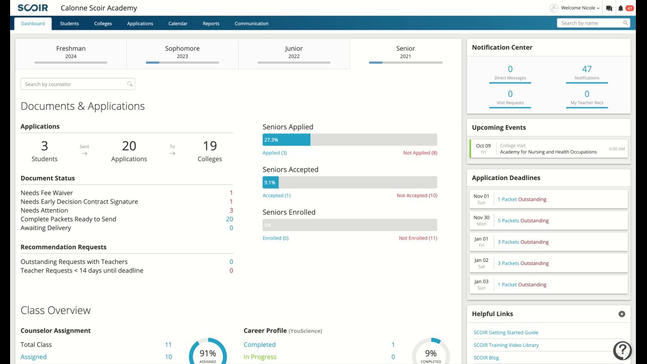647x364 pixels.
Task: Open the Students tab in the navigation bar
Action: (x=69, y=24)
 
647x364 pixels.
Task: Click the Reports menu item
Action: (x=211, y=24)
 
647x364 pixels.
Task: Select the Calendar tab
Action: (x=178, y=24)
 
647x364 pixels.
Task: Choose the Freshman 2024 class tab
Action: (x=71, y=53)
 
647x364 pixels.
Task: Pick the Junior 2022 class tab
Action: (x=294, y=53)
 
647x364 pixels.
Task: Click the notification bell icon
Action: (x=621, y=8)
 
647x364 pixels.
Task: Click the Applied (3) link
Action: (x=274, y=153)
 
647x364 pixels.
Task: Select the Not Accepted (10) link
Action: (x=417, y=196)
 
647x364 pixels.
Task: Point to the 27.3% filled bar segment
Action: (x=286, y=140)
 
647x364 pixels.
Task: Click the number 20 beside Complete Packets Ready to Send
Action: (x=229, y=219)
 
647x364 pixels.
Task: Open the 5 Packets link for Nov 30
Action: (x=508, y=221)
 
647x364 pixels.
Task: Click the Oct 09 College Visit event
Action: (x=548, y=149)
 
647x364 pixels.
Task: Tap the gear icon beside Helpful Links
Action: (x=622, y=314)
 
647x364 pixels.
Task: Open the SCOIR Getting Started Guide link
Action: (x=505, y=333)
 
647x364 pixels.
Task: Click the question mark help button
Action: (x=622, y=350)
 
